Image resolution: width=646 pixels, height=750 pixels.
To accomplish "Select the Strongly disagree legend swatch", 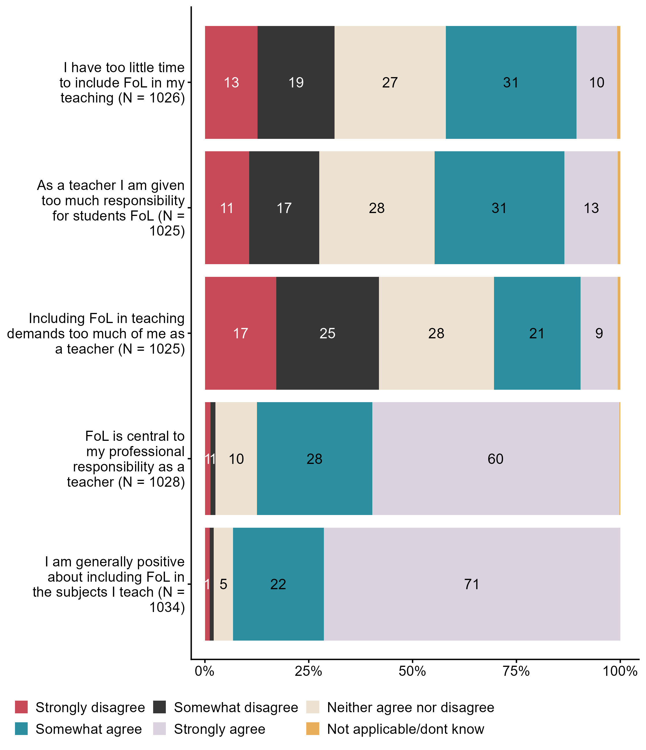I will [x=21, y=707].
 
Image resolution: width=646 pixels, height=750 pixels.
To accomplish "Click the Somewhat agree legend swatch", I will [x=21, y=729].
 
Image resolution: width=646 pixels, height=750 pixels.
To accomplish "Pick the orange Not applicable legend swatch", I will [x=313, y=729].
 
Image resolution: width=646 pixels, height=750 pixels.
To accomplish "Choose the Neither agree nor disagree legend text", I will [x=410, y=707].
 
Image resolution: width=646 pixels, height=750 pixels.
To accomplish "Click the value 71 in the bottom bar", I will [x=472, y=584].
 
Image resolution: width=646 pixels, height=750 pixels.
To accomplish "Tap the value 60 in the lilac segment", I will [x=495, y=459].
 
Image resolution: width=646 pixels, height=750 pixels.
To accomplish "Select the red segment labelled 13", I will [x=231, y=83].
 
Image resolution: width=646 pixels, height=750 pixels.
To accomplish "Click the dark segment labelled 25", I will [x=327, y=333].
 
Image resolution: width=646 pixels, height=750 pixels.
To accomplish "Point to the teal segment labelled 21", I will [x=537, y=333].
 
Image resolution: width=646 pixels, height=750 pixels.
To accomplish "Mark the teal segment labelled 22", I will [x=278, y=584].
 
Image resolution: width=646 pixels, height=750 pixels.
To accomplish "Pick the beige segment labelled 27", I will [x=390, y=83].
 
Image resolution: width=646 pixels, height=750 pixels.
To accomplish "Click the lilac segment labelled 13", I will [x=591, y=208].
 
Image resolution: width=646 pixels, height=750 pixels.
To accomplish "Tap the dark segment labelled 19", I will [x=296, y=83].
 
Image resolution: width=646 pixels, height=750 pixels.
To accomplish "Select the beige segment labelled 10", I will [x=236, y=459].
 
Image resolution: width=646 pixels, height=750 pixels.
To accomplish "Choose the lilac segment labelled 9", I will [x=599, y=333].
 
